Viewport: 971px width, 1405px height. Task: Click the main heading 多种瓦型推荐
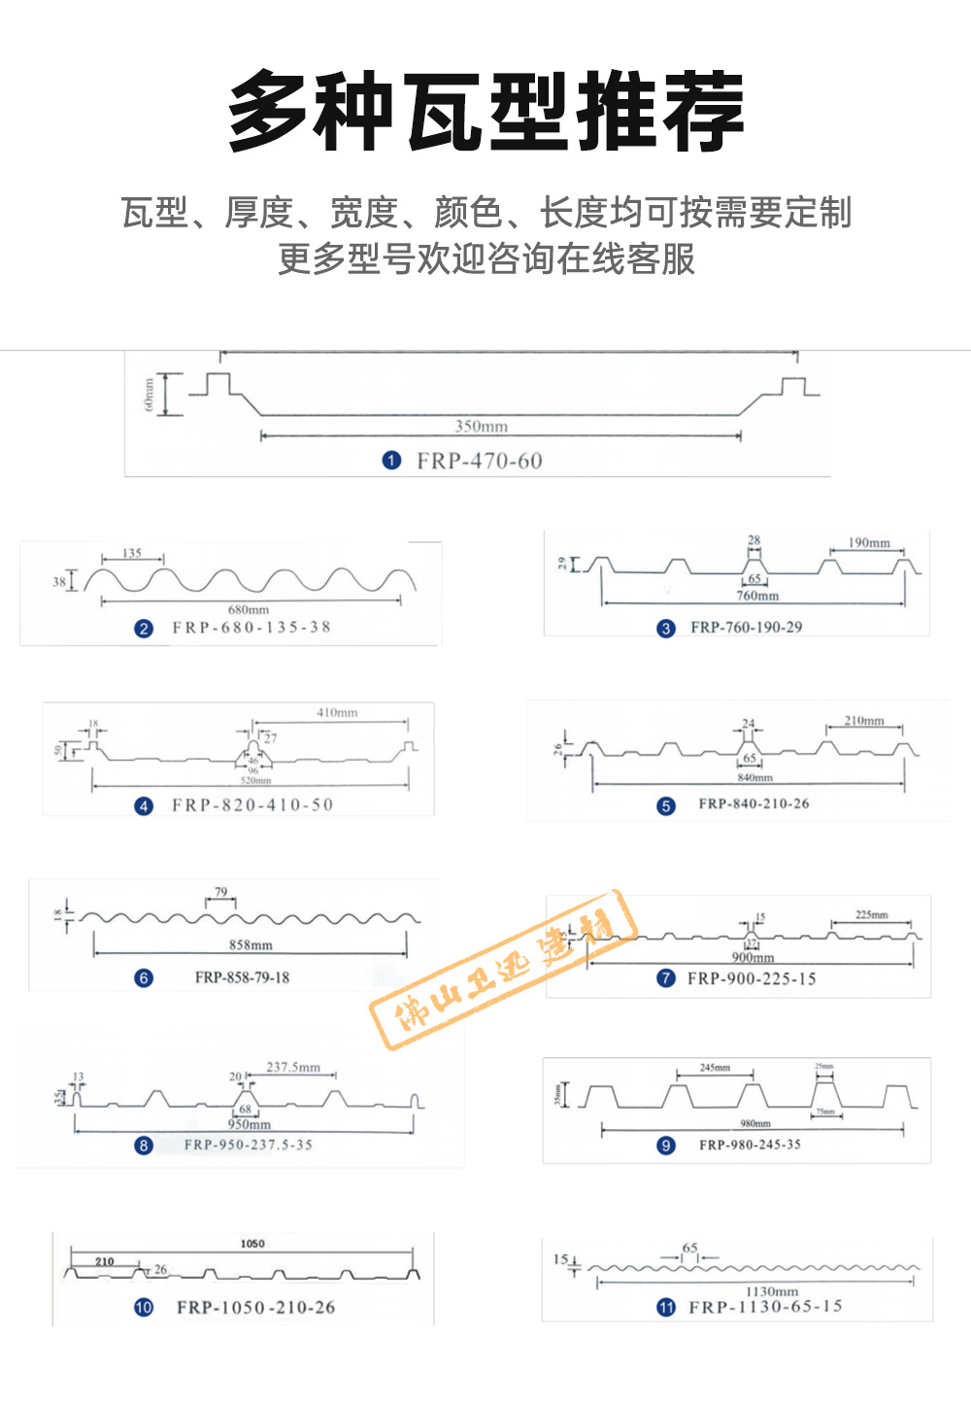click(x=485, y=111)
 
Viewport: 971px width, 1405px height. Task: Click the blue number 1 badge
click(x=391, y=461)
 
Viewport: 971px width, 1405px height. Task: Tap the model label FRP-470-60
click(x=480, y=461)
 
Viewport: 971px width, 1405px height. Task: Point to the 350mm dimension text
click(x=482, y=426)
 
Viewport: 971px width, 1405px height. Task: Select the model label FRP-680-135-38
click(x=251, y=628)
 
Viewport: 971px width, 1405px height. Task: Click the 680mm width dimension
click(x=249, y=609)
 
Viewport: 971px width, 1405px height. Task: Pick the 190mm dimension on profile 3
click(x=869, y=542)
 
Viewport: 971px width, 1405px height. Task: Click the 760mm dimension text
click(x=757, y=595)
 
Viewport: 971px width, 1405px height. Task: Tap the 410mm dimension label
click(x=337, y=712)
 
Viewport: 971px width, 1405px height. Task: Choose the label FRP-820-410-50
click(x=252, y=805)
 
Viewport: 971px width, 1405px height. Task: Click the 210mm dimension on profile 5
click(x=864, y=720)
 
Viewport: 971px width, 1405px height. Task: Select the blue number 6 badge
click(x=144, y=977)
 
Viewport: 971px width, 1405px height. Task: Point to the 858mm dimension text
click(x=251, y=944)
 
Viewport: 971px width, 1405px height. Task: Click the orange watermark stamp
click(x=504, y=969)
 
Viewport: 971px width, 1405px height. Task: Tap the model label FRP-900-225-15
click(x=752, y=978)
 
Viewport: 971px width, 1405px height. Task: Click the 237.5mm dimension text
click(x=293, y=1067)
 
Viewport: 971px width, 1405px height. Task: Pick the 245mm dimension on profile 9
click(x=716, y=1067)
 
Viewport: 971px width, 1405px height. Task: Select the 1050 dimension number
click(x=252, y=1243)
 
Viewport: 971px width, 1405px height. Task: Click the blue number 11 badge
click(x=666, y=1307)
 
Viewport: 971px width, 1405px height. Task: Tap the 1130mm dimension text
click(x=772, y=1291)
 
